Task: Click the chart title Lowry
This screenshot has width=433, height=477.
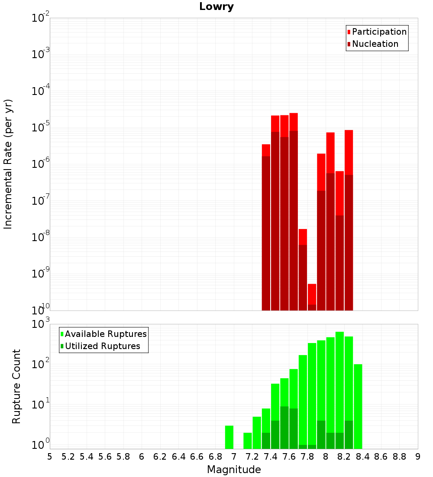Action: tap(216, 7)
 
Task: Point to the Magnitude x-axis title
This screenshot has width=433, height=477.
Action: tap(234, 470)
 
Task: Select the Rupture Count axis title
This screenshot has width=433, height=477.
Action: tap(16, 386)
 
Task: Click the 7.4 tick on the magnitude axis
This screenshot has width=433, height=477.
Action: tap(271, 457)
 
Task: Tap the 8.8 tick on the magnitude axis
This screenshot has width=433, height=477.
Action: tap(399, 457)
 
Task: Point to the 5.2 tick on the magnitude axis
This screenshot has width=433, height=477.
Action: tap(68, 457)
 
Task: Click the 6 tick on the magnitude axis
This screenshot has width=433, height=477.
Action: tap(142, 457)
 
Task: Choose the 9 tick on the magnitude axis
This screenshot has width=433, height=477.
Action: tap(418, 457)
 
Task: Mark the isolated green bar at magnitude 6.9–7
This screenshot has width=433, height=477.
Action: tap(229, 437)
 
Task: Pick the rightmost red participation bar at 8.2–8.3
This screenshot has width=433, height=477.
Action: tap(349, 152)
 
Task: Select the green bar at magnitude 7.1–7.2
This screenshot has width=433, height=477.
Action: tap(248, 441)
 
